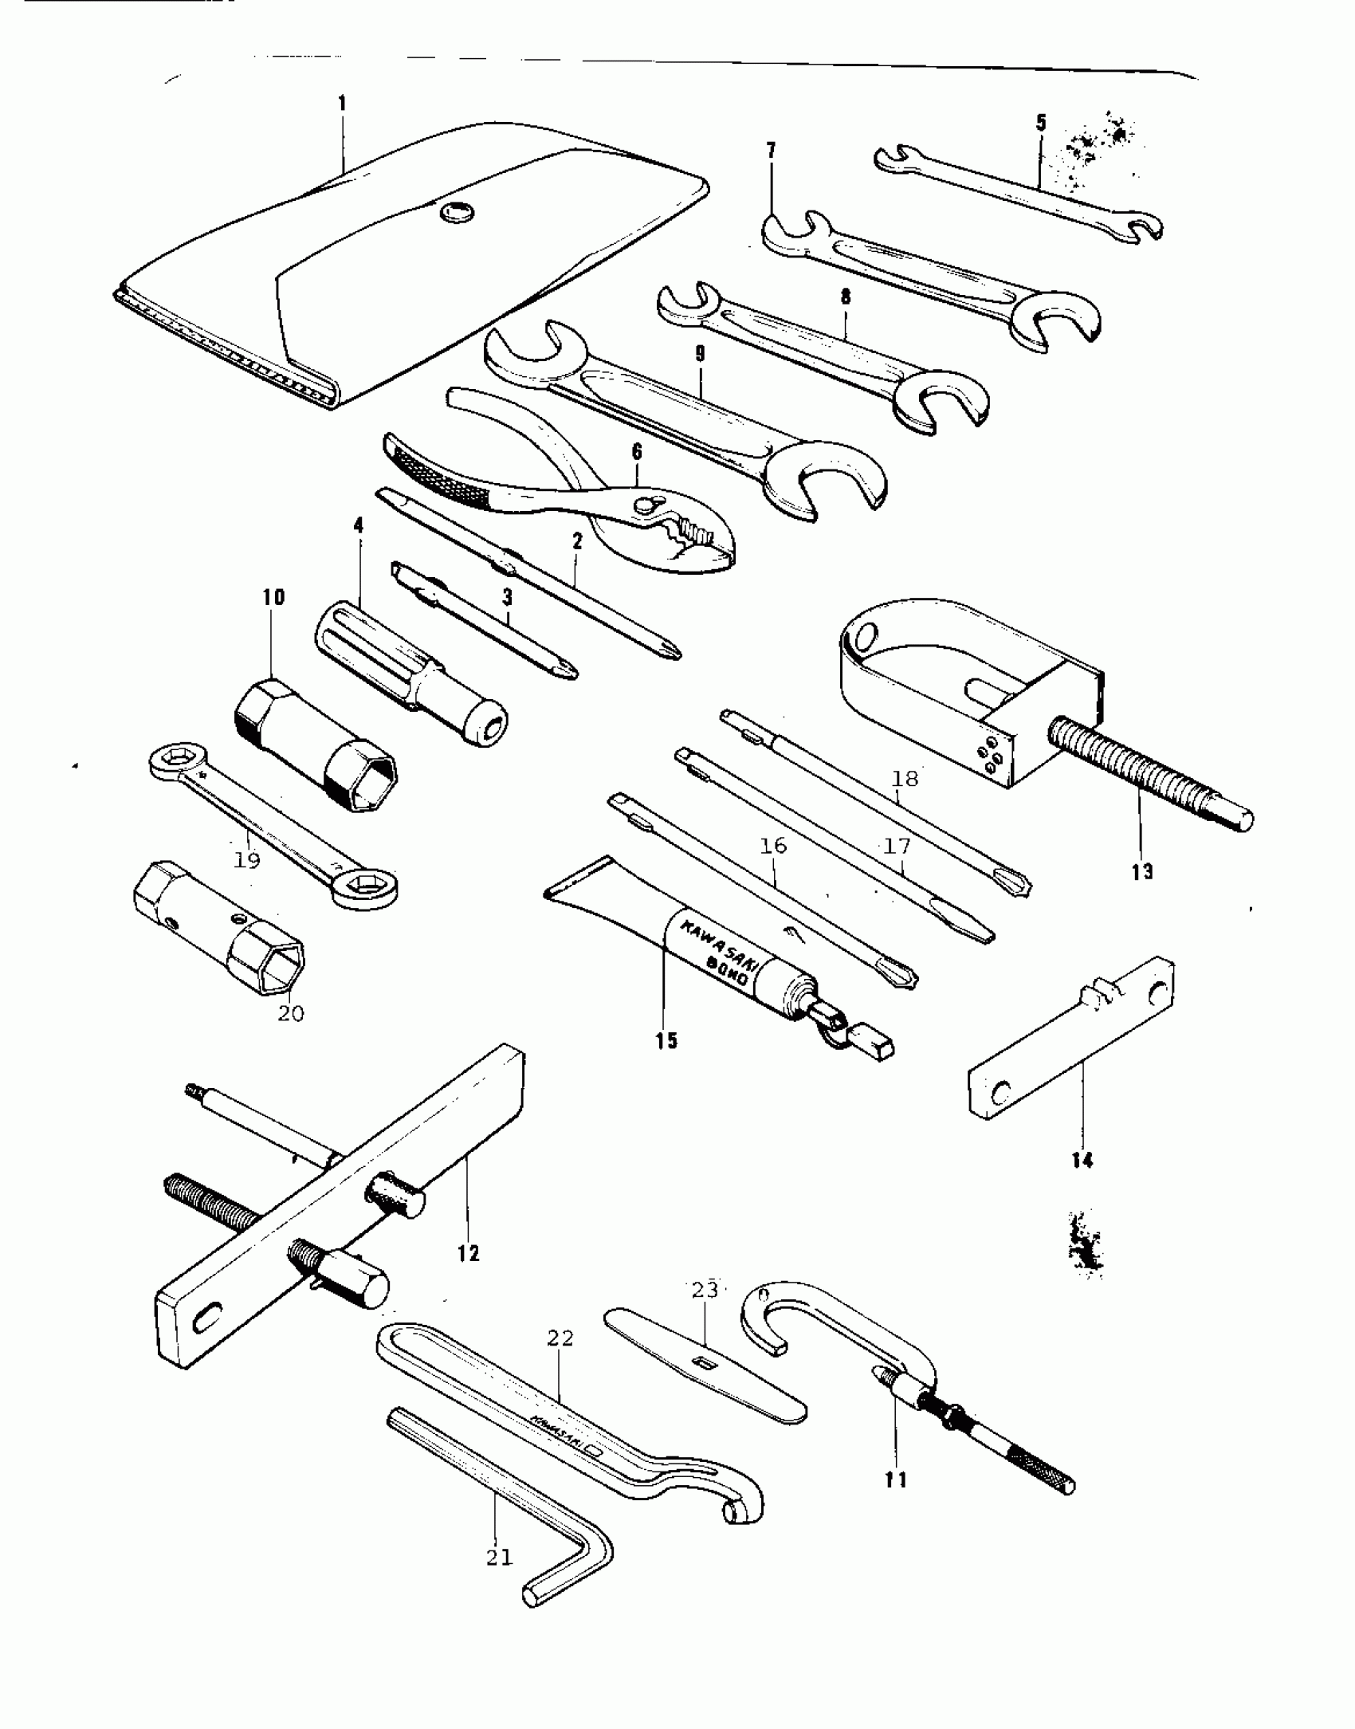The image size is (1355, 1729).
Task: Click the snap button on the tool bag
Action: [x=455, y=212]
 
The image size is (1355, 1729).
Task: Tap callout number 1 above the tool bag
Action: [x=343, y=104]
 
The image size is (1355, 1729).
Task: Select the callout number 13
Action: [x=1142, y=872]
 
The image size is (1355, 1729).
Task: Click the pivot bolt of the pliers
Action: [x=647, y=504]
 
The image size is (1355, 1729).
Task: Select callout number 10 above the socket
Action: [x=273, y=597]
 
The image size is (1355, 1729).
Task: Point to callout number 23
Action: [x=705, y=1290]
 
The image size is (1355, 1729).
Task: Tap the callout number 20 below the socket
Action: [x=291, y=1014]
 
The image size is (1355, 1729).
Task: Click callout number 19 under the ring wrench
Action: [x=247, y=860]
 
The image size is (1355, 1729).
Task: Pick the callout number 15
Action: [x=666, y=1040]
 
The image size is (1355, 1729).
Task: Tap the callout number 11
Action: [x=896, y=1479]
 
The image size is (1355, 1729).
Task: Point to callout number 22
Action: [x=560, y=1338]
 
